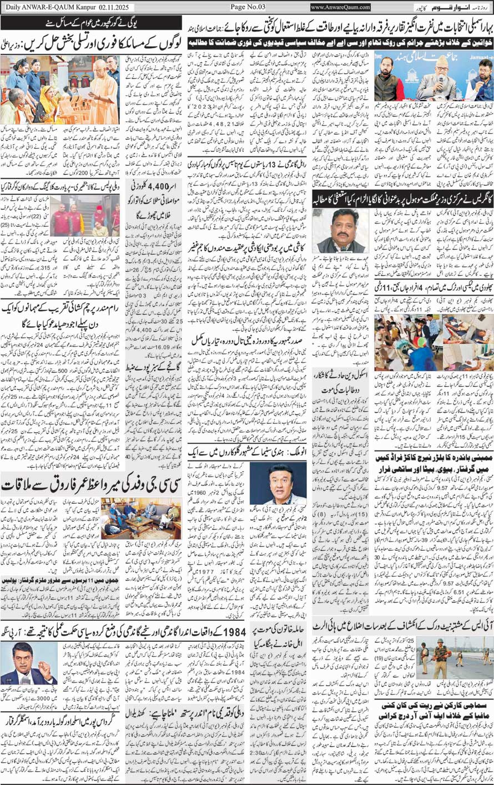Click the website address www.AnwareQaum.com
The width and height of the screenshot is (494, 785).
[x=340, y=7]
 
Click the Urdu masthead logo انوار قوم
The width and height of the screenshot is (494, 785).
[x=397, y=7]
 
